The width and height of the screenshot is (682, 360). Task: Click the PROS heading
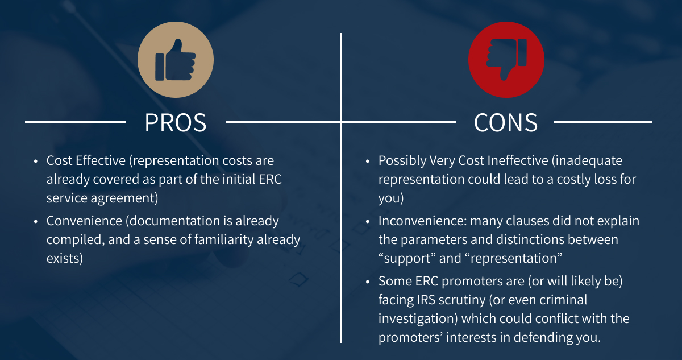coord(176,122)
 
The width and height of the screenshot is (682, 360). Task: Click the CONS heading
coord(506,122)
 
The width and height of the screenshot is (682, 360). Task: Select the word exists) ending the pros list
coord(65,258)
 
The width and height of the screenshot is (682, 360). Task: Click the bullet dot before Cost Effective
coord(36,162)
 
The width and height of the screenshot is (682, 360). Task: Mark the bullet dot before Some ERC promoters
coord(368,282)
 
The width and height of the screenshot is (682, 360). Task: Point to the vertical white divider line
coord(341,227)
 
